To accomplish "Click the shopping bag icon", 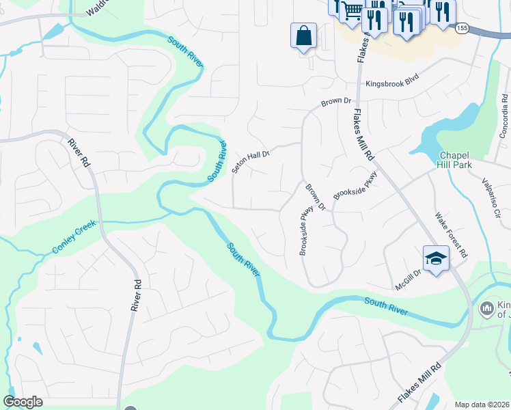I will click(x=303, y=35).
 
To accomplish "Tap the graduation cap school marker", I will click(x=436, y=259).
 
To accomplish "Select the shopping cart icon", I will click(x=352, y=12).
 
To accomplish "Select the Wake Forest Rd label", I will click(x=452, y=234).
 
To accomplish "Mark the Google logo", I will click(x=23, y=402).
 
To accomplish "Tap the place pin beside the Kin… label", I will click(x=486, y=309).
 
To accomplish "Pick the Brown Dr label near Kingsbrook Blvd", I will click(x=335, y=102).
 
